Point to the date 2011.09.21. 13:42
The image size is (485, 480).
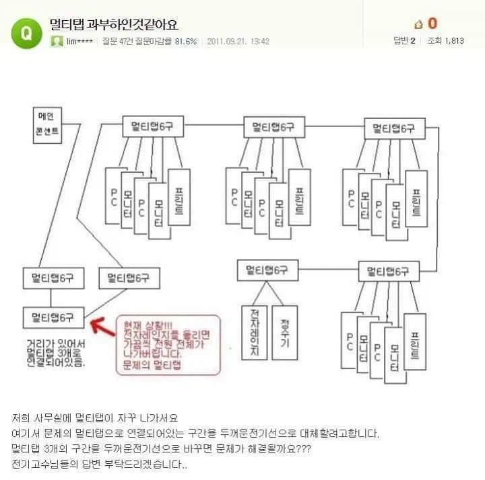tap(238, 42)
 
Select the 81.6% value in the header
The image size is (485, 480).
tap(186, 42)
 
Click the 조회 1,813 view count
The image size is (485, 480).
tap(445, 42)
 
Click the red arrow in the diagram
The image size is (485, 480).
tap(101, 325)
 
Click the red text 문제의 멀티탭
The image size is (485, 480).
tap(149, 364)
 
